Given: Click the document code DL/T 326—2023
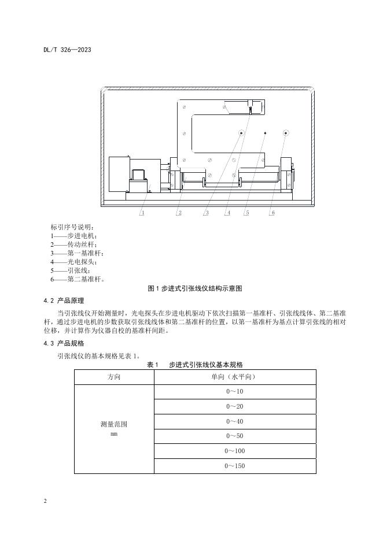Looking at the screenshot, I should (x=67, y=50).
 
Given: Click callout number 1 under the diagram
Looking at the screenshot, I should (x=142, y=213).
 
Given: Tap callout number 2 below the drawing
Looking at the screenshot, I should (x=180, y=213).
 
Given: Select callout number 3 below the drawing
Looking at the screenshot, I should (x=207, y=213).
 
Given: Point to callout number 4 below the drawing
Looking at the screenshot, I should (x=228, y=213).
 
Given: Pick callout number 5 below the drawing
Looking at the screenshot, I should (x=246, y=213).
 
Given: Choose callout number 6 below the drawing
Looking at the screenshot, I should (x=272, y=213).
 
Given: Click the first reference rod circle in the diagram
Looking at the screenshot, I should (x=241, y=133).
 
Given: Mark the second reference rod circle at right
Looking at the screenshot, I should (x=286, y=133).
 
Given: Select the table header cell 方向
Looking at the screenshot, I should (x=114, y=376).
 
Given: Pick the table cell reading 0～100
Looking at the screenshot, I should (x=235, y=451).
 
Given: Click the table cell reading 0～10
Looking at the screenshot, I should (x=235, y=391).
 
